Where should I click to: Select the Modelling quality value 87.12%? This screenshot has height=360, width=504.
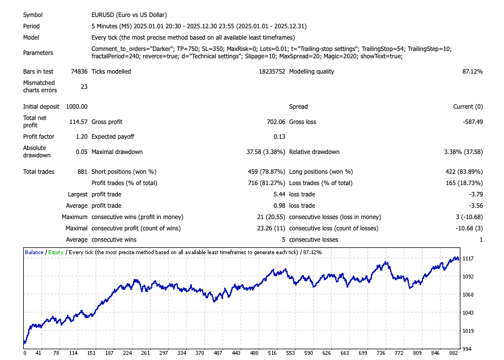pos(472,72)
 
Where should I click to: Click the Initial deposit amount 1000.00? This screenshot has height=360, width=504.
pos(76,106)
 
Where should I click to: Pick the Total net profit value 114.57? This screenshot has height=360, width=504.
pos(78,122)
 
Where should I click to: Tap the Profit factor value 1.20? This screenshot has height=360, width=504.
pos(81,137)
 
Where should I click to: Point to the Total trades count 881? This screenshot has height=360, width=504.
pos(82,172)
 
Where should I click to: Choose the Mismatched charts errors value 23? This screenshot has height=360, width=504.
pos(84,87)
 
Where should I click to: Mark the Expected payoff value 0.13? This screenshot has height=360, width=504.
pos(279,137)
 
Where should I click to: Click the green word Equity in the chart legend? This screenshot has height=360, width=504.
pos(55,252)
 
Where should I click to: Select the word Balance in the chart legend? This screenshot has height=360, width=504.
pos(35,252)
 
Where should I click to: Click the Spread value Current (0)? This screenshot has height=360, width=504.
pos(468,106)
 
